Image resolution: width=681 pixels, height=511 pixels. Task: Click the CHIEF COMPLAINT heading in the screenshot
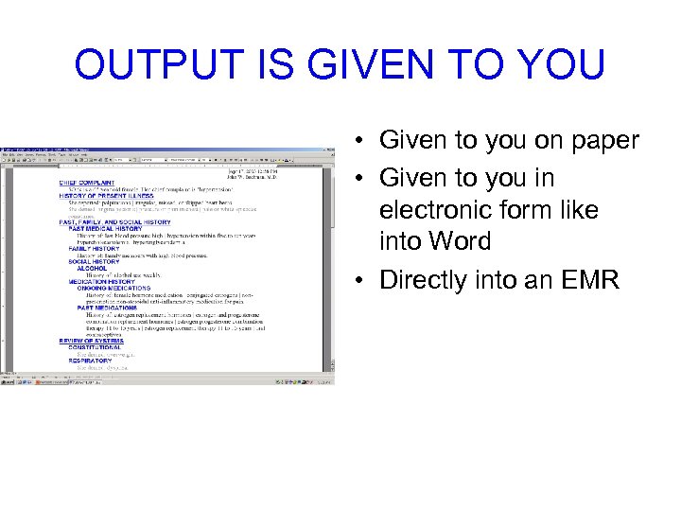click(x=99, y=183)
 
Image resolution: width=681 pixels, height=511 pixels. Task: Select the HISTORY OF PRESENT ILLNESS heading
click(x=106, y=196)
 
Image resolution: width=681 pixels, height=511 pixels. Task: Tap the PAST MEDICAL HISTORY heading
click(x=104, y=229)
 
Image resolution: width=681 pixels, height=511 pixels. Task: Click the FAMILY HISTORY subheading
click(x=93, y=249)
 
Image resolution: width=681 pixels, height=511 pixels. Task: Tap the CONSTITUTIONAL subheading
click(x=96, y=347)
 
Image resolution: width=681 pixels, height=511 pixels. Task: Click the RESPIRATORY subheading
click(x=90, y=361)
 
